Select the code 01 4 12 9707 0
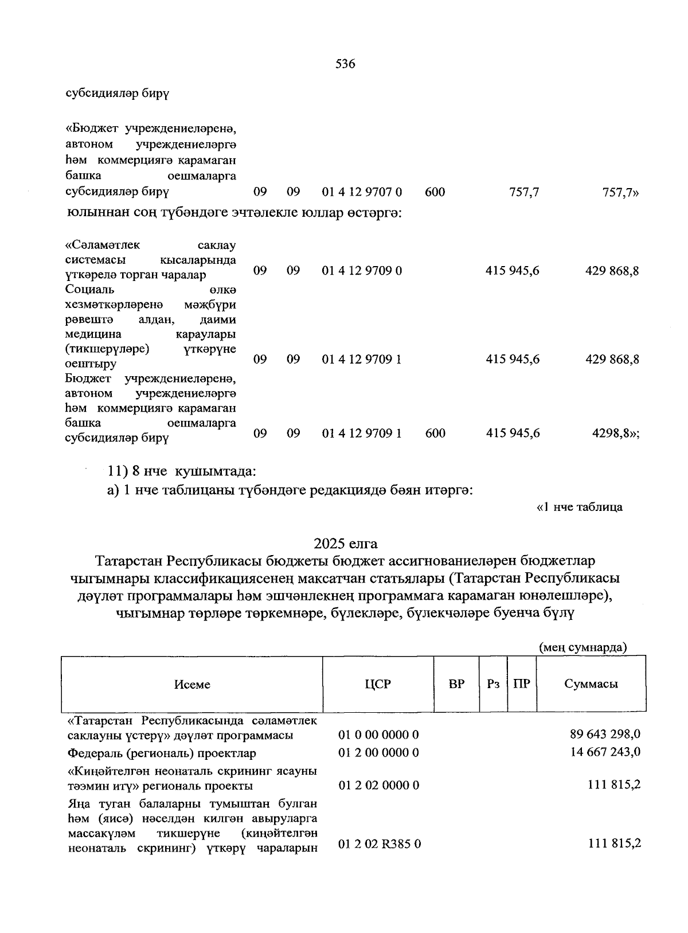click(x=361, y=192)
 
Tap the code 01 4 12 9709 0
click(x=361, y=270)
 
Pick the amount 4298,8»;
click(x=615, y=434)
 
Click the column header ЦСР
click(x=377, y=684)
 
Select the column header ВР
click(x=456, y=684)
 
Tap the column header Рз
click(x=492, y=684)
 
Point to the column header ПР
click(x=521, y=684)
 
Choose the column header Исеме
click(x=192, y=684)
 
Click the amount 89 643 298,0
click(x=605, y=734)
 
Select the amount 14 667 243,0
click(x=605, y=752)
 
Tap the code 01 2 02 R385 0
click(x=380, y=844)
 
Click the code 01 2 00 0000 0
click(x=378, y=752)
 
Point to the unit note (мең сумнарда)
click(x=583, y=647)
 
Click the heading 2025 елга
click(x=345, y=542)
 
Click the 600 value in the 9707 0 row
click(x=435, y=192)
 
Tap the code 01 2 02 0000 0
click(x=378, y=785)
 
